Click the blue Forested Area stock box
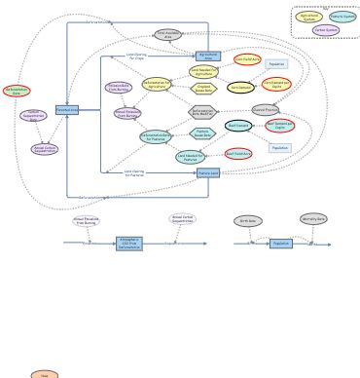pos(66,110)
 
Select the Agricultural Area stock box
pos(208,57)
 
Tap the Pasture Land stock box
pos(208,173)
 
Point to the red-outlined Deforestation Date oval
pos(17,91)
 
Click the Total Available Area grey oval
pos(167,35)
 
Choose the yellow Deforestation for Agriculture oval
pos(157,85)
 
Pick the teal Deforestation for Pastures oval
pos(156,137)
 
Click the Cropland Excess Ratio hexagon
pos(203,89)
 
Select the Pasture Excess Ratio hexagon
pos(202,133)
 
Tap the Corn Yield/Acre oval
pos(247,59)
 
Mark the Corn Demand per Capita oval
pos(276,84)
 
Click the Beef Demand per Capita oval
pos(280,126)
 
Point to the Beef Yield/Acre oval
pos(238,153)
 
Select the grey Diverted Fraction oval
pos(265,110)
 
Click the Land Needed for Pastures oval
pos(191,157)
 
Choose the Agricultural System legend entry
pos(309,17)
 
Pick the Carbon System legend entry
pos(326,30)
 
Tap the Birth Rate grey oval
pos(248,221)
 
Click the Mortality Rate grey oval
pos(313,219)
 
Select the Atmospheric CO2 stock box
pos(129,244)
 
